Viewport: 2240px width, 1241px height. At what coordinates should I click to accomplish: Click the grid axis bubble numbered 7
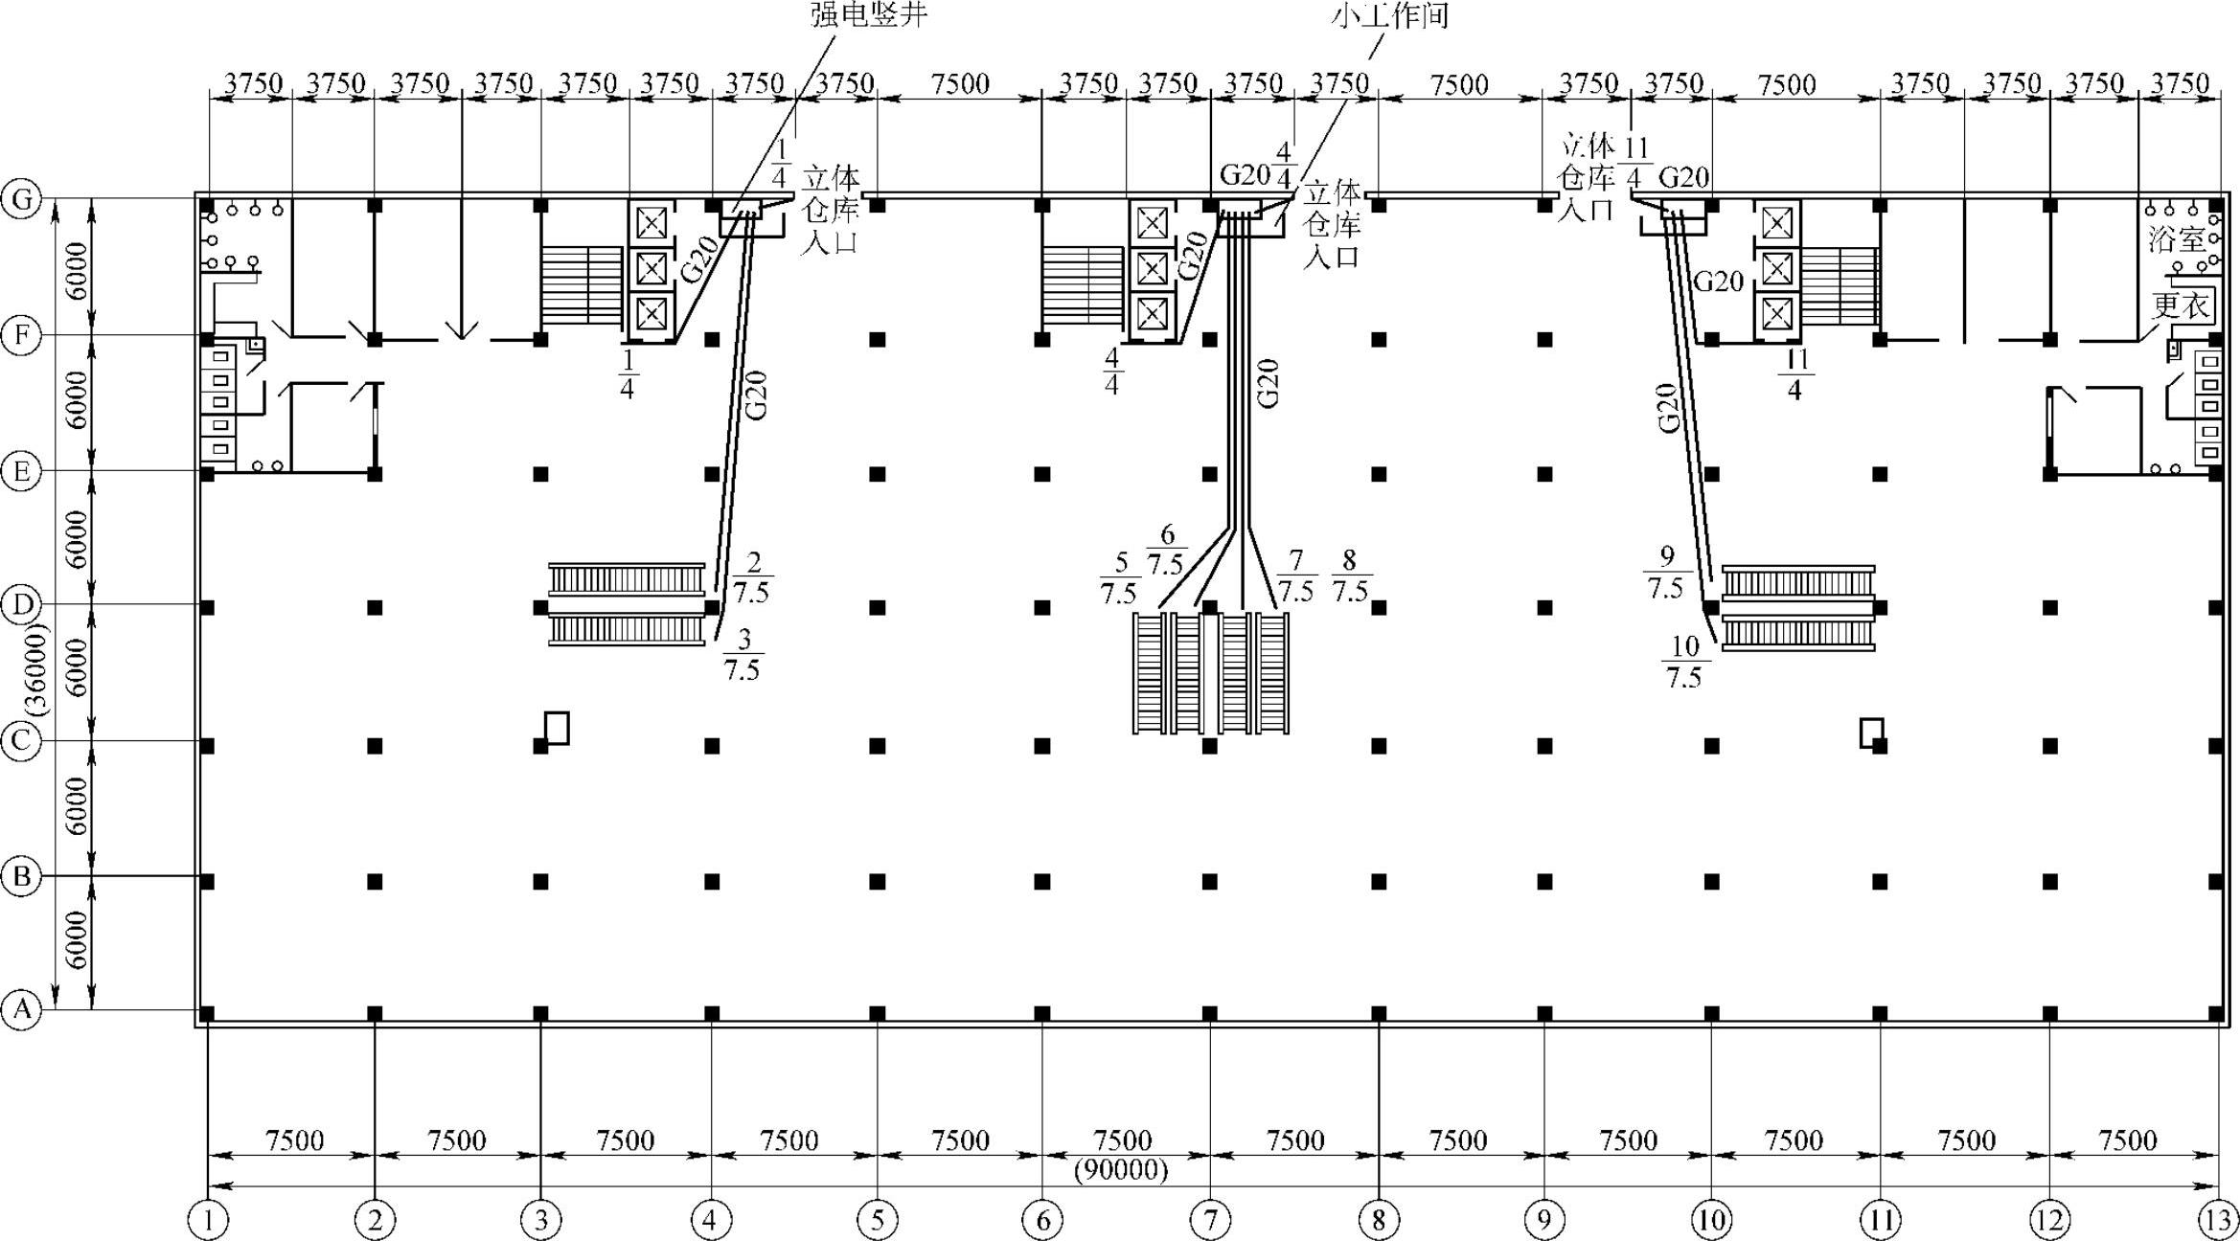pyautogui.click(x=1210, y=1220)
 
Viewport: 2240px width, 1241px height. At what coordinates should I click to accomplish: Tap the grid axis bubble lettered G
pyautogui.click(x=21, y=200)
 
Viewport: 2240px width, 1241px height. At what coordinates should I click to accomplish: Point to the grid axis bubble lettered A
pyautogui.click(x=21, y=1010)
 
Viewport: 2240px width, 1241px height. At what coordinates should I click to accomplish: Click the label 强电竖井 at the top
pyautogui.click(x=869, y=14)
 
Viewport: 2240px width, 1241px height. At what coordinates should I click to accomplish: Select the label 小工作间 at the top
pyautogui.click(x=1389, y=14)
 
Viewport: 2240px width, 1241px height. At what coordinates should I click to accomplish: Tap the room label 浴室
pyautogui.click(x=2177, y=238)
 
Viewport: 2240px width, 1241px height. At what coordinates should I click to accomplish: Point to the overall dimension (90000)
pyautogui.click(x=1121, y=1170)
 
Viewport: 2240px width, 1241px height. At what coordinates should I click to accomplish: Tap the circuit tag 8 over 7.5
pyautogui.click(x=1350, y=576)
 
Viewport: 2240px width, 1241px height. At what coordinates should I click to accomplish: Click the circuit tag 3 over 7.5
pyautogui.click(x=743, y=654)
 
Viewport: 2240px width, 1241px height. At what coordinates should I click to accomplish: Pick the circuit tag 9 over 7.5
pyautogui.click(x=1666, y=573)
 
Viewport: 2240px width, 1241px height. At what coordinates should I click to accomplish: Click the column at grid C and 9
pyautogui.click(x=1544, y=745)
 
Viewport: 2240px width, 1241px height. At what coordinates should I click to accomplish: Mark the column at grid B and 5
pyautogui.click(x=878, y=881)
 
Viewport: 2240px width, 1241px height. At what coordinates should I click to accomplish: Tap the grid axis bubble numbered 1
pyautogui.click(x=208, y=1220)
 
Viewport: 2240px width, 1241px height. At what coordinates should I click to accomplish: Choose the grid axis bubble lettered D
pyautogui.click(x=21, y=605)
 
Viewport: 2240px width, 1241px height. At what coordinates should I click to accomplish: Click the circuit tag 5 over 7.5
pyautogui.click(x=1119, y=579)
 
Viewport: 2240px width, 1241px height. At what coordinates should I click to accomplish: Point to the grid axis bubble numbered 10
pyautogui.click(x=1711, y=1220)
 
